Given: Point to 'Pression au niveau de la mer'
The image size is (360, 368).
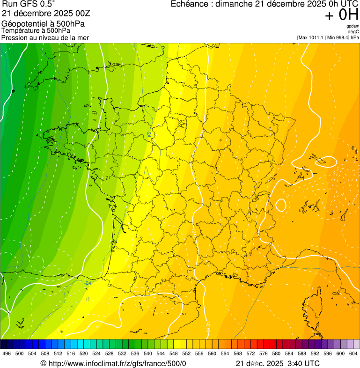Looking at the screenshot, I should point(45,37).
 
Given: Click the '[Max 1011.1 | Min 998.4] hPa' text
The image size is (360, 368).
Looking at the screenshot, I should point(328,37).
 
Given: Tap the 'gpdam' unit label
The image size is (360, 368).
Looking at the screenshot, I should point(353,26).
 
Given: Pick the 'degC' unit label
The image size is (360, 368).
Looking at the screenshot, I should point(354,31).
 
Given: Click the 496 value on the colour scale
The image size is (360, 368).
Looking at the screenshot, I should point(7,354).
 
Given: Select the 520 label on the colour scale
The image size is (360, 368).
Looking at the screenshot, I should point(83,354).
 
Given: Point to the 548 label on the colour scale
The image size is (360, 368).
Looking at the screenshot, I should point(173,354).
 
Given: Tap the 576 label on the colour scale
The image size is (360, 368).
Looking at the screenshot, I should point(263,354).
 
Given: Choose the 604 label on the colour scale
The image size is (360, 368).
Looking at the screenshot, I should point(353,354).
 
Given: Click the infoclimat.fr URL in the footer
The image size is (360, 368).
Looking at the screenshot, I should point(117,363).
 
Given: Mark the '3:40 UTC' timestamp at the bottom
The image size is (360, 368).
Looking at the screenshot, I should point(305,363).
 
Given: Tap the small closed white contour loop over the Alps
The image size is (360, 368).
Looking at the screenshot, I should point(281,205).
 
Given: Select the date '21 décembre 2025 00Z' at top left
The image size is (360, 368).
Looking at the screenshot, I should point(49,14).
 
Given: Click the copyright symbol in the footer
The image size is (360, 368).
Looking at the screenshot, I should point(43,363).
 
